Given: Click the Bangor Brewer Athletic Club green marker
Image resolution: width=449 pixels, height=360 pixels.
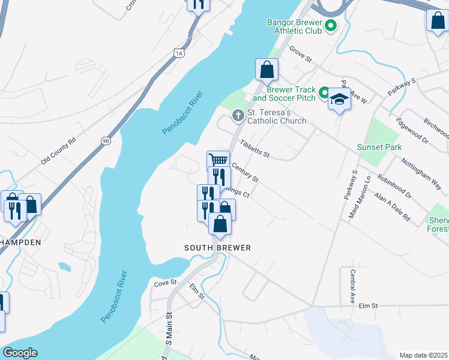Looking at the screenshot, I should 330,26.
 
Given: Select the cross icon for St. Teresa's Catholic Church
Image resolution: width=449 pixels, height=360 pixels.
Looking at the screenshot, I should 238,115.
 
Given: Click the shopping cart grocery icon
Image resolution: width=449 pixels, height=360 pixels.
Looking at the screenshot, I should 218,160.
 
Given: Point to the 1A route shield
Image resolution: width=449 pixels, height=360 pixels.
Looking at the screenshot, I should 179,53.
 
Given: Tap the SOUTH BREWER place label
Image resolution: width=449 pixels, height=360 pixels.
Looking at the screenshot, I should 217,248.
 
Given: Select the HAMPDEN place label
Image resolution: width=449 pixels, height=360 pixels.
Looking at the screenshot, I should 20,242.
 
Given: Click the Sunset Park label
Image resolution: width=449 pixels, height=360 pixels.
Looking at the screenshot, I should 379,147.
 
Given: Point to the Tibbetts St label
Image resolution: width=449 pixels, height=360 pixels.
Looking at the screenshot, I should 255,149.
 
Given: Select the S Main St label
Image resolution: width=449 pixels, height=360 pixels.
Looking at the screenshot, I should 169,328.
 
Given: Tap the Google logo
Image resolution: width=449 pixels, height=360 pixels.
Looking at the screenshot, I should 20,353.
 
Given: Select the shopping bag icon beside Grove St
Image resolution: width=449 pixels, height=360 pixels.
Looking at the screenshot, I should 267,70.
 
